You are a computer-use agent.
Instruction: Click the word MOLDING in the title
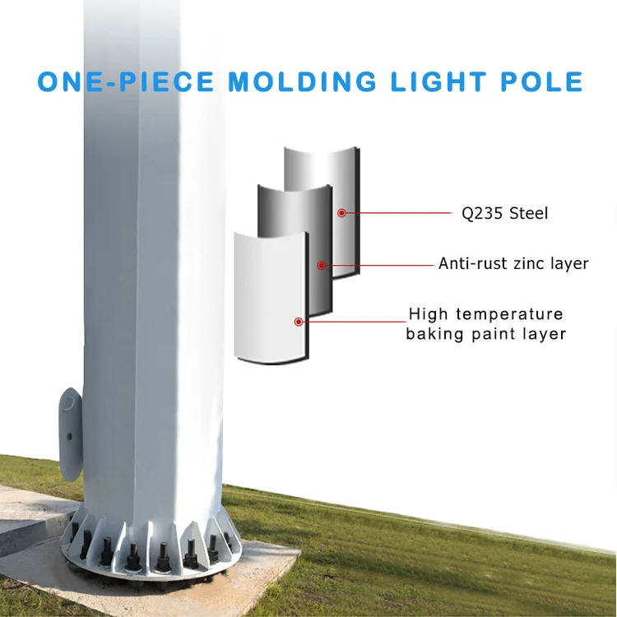[302, 82]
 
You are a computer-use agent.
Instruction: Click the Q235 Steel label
[504, 214]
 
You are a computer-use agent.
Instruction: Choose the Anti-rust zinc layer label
[513, 264]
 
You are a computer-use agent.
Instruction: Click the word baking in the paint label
[433, 334]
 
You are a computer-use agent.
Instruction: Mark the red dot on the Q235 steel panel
[341, 213]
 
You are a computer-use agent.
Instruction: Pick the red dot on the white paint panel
[299, 321]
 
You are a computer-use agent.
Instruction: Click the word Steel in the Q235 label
[528, 214]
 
